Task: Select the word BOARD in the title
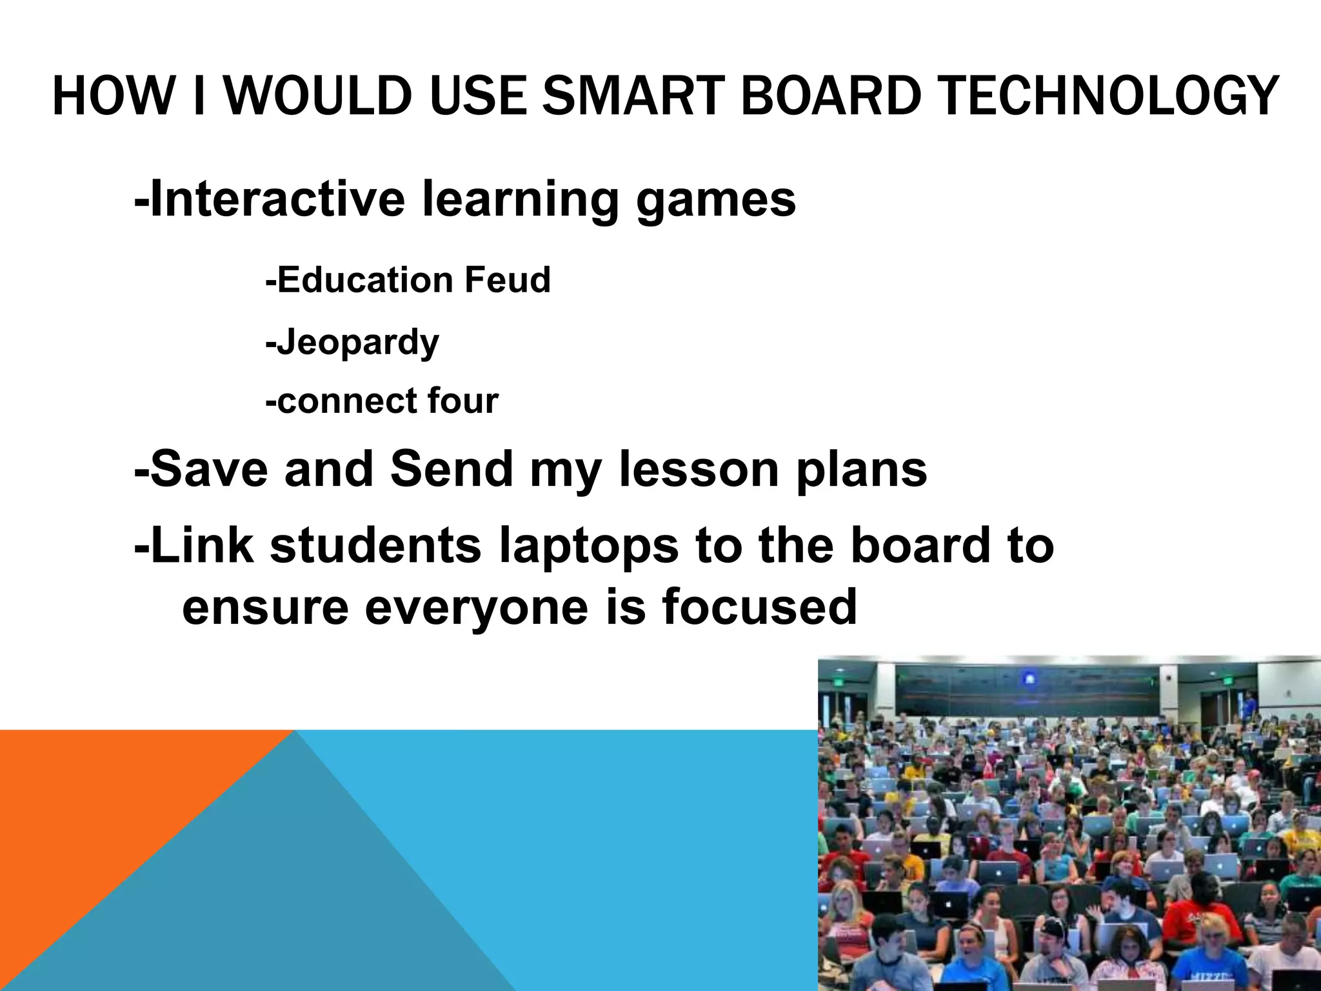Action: pos(831,97)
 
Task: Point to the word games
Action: pos(716,200)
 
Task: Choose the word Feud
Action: pos(507,280)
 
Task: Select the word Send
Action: pos(451,469)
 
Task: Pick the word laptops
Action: pos(589,546)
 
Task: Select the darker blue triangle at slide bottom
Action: pos(290,903)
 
